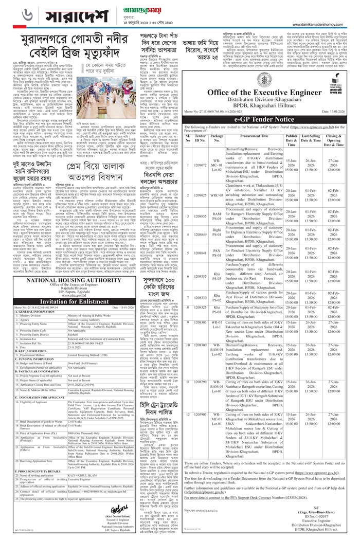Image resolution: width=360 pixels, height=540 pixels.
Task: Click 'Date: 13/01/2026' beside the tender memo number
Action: [x=336, y=111]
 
